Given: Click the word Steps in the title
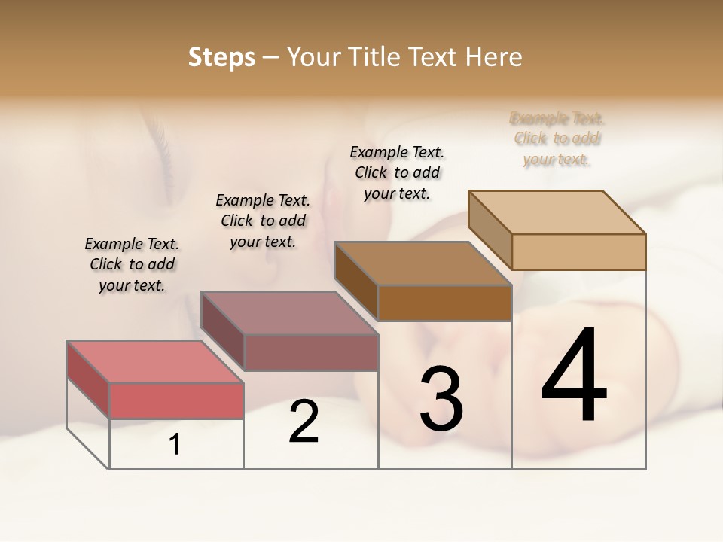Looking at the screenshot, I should coord(221,57).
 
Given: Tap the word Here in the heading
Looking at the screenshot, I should coord(495,57).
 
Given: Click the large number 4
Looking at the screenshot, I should coord(574,376).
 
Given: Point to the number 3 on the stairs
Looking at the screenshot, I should coord(441,399).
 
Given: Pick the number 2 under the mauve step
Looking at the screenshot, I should coord(304,422).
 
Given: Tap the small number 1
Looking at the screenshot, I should coord(175,445).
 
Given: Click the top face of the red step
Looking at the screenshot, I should coord(154,361).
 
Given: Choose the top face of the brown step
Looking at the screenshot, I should coord(423,263).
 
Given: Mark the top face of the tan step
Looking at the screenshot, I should coord(557,212).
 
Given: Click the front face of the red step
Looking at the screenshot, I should coord(176,400).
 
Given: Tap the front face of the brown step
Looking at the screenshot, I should coord(444,303).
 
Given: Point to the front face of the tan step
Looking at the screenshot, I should coord(578,251).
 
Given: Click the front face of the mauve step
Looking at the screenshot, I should coord(310,352).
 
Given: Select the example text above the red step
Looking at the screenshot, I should coord(132,264).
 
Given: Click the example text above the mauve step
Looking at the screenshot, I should coord(263,221).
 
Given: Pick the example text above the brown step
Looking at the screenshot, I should coord(397,172).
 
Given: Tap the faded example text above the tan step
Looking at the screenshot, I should coord(557,139).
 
